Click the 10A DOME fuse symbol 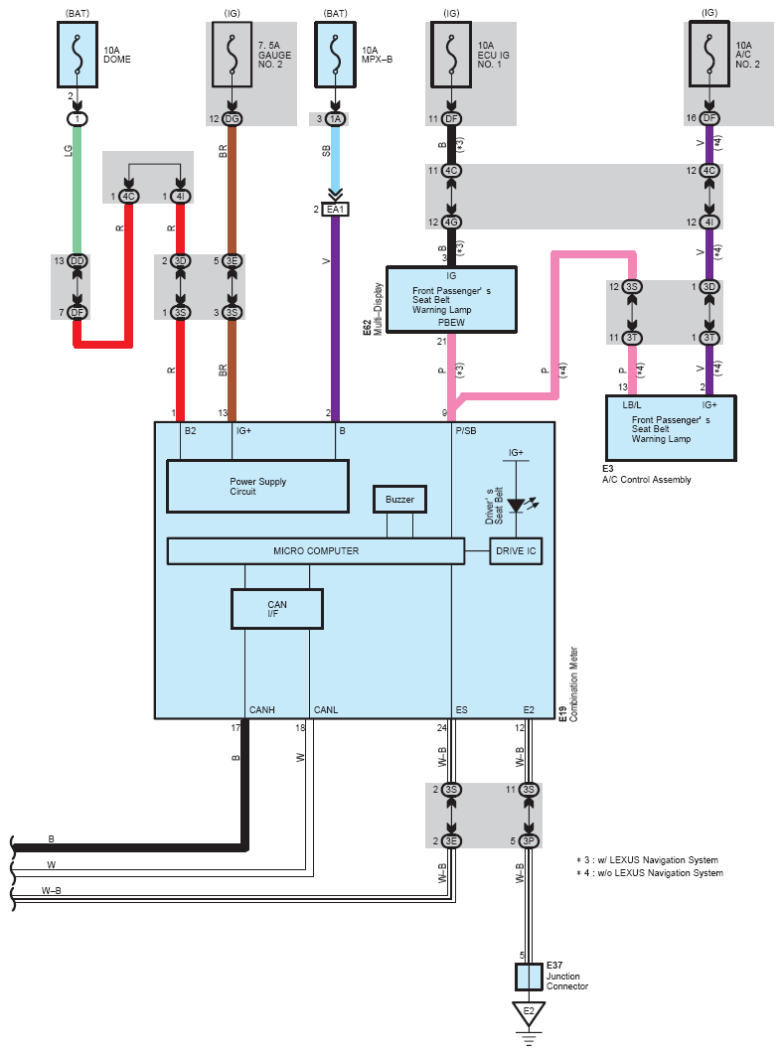(78, 55)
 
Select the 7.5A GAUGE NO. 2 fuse (233, 55)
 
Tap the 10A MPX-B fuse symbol (335, 55)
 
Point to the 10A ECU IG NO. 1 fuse (451, 55)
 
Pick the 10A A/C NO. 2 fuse (708, 55)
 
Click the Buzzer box (399, 500)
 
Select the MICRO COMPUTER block (316, 551)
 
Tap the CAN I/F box (276, 609)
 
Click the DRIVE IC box (516, 551)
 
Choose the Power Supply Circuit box (258, 487)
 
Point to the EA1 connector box (335, 210)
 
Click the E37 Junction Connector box (529, 977)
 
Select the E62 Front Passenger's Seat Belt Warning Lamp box (451, 299)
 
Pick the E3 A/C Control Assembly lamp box (671, 428)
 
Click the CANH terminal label (262, 710)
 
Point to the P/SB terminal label (466, 430)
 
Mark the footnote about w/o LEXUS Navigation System (650, 872)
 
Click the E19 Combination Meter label (568, 684)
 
